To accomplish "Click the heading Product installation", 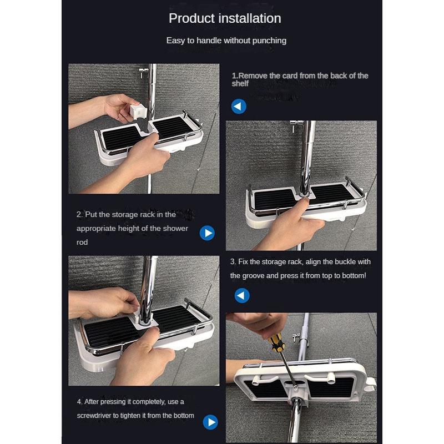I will pos(225,18).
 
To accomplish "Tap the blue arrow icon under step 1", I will pos(239,106).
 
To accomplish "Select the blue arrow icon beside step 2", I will pos(207,233).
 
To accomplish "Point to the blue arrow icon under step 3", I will pos(242,295).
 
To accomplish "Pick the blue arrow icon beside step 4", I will pos(210,422).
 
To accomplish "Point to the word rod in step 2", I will pos(82,243).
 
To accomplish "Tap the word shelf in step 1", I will pos(240,84).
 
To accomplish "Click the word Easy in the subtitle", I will pos(175,41).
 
